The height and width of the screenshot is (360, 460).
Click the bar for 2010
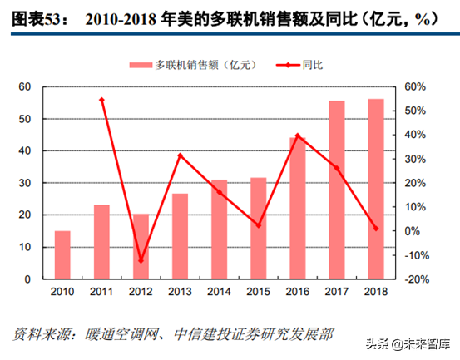click(x=62, y=254)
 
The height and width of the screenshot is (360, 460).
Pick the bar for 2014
click(x=219, y=229)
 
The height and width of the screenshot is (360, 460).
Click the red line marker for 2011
click(x=101, y=100)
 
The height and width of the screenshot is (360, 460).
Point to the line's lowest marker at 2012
click(x=141, y=260)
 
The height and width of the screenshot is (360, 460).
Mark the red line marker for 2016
click(x=298, y=136)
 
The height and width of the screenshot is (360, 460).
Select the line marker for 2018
click(x=376, y=228)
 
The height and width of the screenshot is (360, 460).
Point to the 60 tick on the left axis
click(x=24, y=86)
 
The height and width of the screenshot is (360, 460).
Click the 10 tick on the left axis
click(x=24, y=247)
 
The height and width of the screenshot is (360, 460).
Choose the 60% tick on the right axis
click(x=416, y=86)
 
